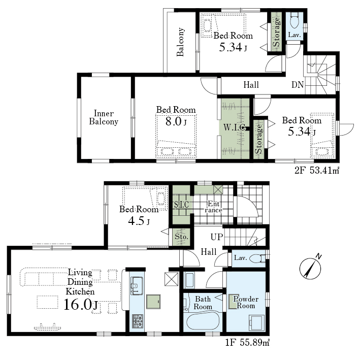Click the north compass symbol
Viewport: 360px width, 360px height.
click(x=310, y=268)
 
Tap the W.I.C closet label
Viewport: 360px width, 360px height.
click(x=235, y=127)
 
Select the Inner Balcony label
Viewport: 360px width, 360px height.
click(x=104, y=117)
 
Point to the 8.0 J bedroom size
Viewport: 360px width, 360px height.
click(x=176, y=121)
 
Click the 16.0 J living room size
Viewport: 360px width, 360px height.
click(x=80, y=305)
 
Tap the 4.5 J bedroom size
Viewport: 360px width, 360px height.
click(x=139, y=221)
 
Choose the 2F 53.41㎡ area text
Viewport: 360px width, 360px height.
click(x=317, y=171)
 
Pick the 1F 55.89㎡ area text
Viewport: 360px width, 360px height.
click(x=247, y=343)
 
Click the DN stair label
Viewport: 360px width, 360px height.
click(x=298, y=85)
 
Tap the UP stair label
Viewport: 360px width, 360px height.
click(x=217, y=237)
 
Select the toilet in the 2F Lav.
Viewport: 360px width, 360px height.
click(x=294, y=20)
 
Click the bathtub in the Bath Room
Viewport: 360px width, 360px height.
click(x=203, y=321)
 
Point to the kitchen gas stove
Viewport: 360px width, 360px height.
click(x=137, y=321)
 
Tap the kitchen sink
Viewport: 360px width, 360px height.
click(x=137, y=285)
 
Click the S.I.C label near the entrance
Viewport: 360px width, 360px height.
click(x=181, y=204)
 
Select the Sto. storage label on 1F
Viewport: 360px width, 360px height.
click(x=181, y=236)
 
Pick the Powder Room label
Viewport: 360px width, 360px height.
click(x=246, y=303)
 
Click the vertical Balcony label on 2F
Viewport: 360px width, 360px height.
click(x=180, y=42)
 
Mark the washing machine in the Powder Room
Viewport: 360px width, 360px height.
click(x=257, y=323)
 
